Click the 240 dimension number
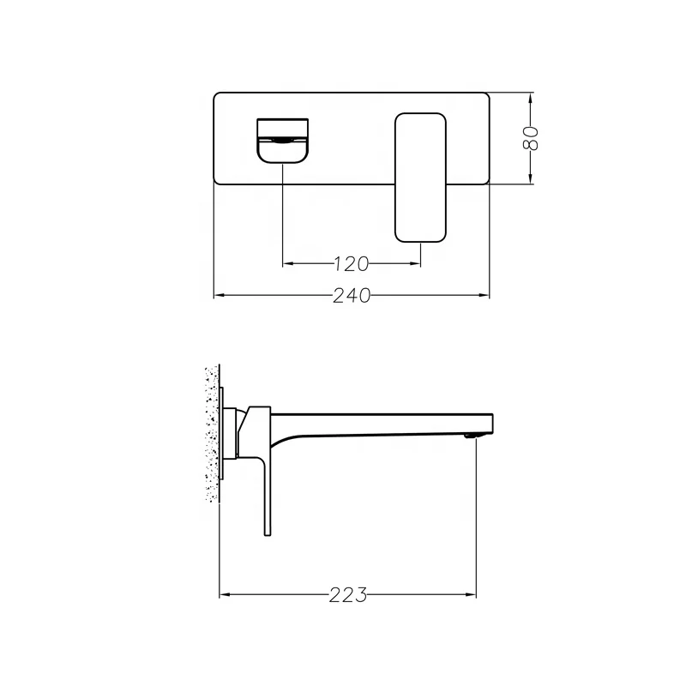(x=352, y=296)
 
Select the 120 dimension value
(x=352, y=262)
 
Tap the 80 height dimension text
(x=531, y=137)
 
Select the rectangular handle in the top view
(x=421, y=176)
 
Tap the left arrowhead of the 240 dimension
(x=218, y=296)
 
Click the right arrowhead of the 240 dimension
(x=484, y=296)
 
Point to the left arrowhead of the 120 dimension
(x=287, y=262)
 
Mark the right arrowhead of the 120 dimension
(x=417, y=262)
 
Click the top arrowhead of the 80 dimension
(x=531, y=97)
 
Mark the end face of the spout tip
(x=493, y=422)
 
